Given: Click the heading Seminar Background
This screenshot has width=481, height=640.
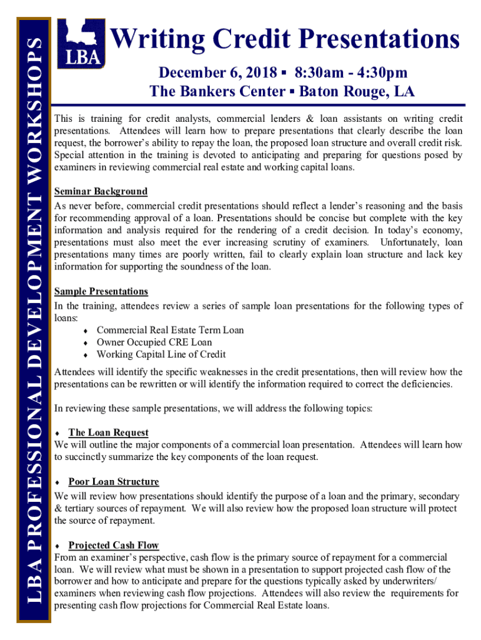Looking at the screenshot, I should tap(101, 191).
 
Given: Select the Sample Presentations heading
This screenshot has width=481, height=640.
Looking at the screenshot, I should tap(101, 291).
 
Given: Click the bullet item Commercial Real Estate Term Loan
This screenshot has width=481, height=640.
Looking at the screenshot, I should tap(170, 330).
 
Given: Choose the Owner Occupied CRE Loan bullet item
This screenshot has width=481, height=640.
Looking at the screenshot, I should tap(154, 342).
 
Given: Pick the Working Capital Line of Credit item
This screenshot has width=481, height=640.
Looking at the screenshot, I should tap(161, 354).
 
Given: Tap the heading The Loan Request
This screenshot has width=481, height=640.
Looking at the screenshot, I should tap(108, 432).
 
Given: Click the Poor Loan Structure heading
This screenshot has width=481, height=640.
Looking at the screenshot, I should tap(114, 482).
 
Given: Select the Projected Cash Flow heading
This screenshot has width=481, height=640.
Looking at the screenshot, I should tap(114, 545).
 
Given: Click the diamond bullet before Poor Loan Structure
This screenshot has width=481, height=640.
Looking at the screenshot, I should tap(57, 482).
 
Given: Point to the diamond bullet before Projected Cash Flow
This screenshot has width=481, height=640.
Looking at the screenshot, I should tap(57, 546).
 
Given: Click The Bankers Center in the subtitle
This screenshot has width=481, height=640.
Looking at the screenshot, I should tap(217, 92).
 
